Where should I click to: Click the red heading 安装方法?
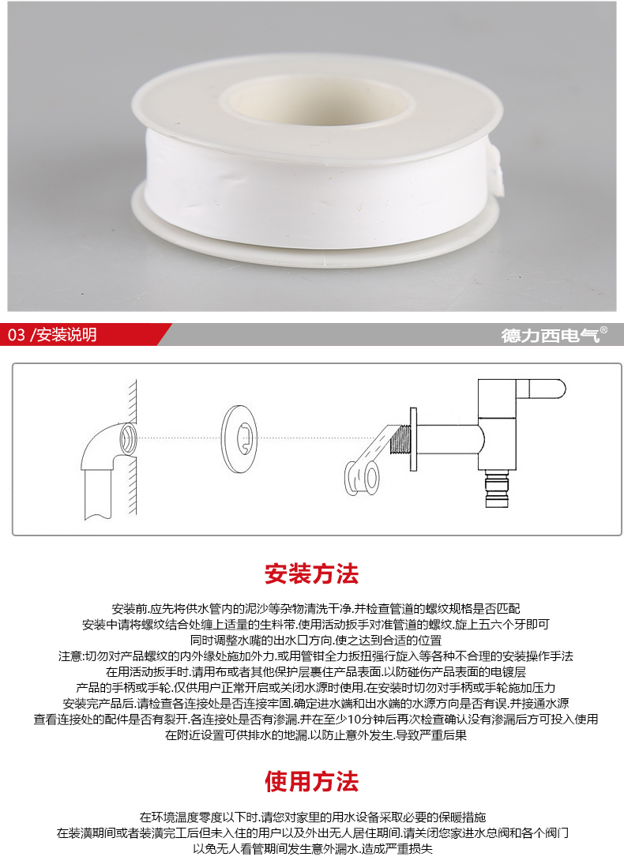(312, 574)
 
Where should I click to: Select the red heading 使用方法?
(312, 781)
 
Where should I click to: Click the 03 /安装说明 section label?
(52, 335)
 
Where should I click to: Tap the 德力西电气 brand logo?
(551, 335)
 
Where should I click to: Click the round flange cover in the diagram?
(239, 439)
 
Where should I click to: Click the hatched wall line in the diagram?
(132, 447)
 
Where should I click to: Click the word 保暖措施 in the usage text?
(463, 817)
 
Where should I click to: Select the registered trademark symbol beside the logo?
(603, 330)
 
